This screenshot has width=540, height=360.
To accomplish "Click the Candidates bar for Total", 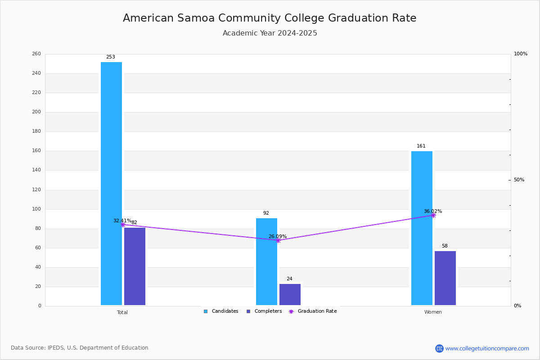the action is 112,184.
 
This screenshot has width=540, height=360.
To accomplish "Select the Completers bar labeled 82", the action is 135,266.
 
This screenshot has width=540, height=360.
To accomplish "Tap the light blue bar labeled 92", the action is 266,261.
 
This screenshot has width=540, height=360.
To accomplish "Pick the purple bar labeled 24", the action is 290,294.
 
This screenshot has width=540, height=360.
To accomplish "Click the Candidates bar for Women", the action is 422,228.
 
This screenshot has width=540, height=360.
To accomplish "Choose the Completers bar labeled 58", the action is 445,278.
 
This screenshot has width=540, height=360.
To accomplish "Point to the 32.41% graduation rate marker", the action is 123,225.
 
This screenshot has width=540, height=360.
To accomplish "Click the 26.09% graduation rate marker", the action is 278,240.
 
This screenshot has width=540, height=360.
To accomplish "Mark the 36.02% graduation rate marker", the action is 433,215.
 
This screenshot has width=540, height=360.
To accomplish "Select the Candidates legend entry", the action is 221,311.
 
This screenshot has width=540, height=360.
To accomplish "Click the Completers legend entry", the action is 264,311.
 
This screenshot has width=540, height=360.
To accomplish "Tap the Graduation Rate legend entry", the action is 313,311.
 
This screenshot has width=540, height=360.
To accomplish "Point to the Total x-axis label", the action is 122,312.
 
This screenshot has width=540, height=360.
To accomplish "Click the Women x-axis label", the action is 433,312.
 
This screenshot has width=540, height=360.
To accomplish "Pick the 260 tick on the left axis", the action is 36,54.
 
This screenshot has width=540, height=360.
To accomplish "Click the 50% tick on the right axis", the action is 519,180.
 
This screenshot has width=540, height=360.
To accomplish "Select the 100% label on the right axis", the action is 521,54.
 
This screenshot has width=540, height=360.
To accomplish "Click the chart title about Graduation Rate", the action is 270,18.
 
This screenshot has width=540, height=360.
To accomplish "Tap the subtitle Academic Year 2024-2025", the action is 270,33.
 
